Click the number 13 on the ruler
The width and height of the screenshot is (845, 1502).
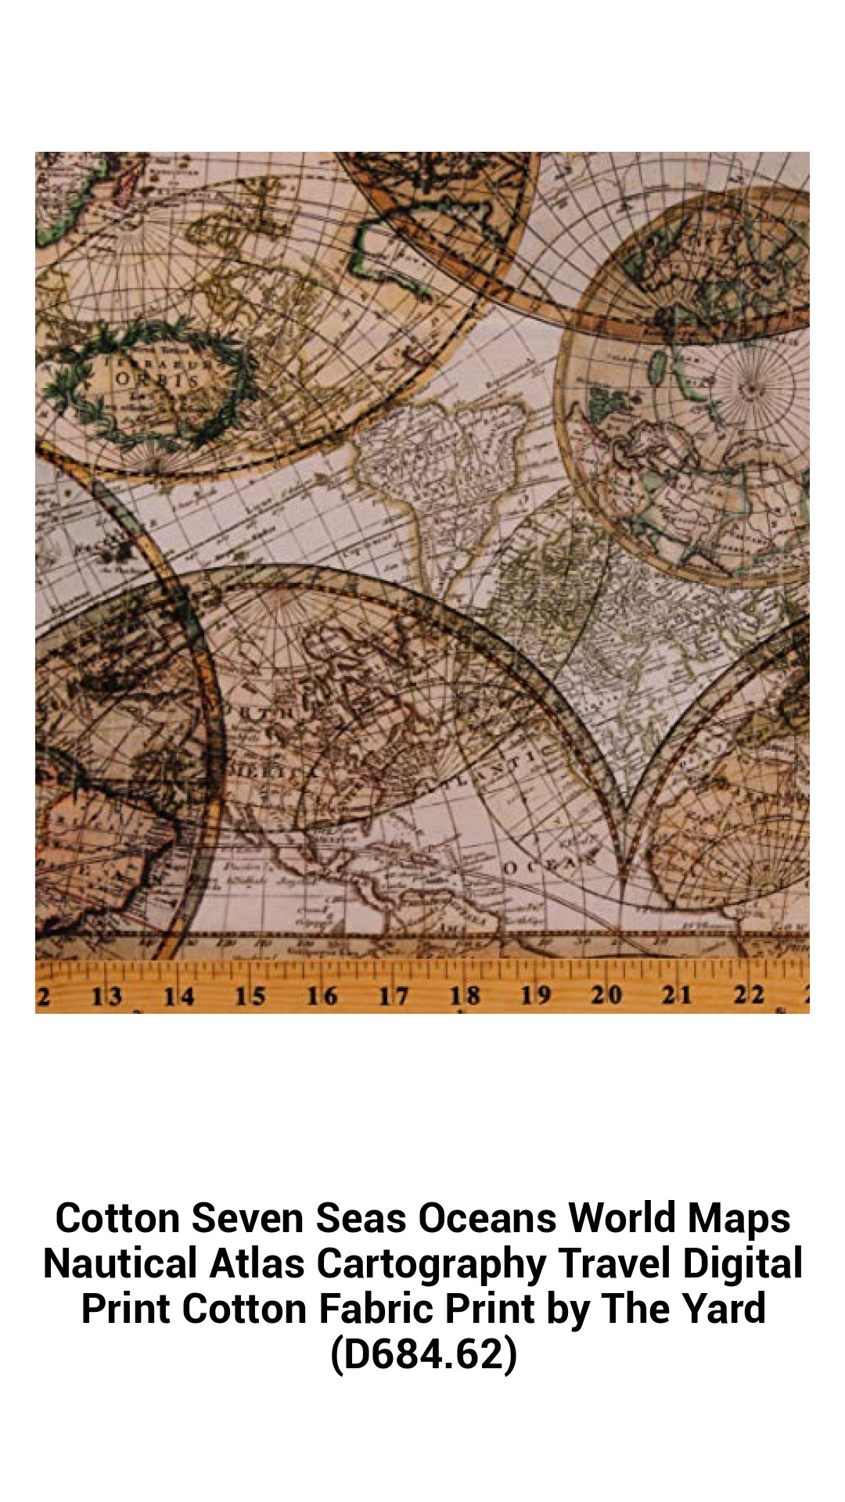pyautogui.click(x=106, y=996)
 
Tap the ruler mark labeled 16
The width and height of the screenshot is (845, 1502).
pyautogui.click(x=322, y=996)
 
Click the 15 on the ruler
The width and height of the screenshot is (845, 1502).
pyautogui.click(x=250, y=996)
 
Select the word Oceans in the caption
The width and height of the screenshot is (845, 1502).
pyautogui.click(x=487, y=1218)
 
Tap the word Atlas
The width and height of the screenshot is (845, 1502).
pyautogui.click(x=257, y=1263)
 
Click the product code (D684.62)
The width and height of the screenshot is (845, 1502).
pyautogui.click(x=423, y=1354)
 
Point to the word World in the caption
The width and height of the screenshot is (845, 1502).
pyautogui.click(x=622, y=1218)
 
